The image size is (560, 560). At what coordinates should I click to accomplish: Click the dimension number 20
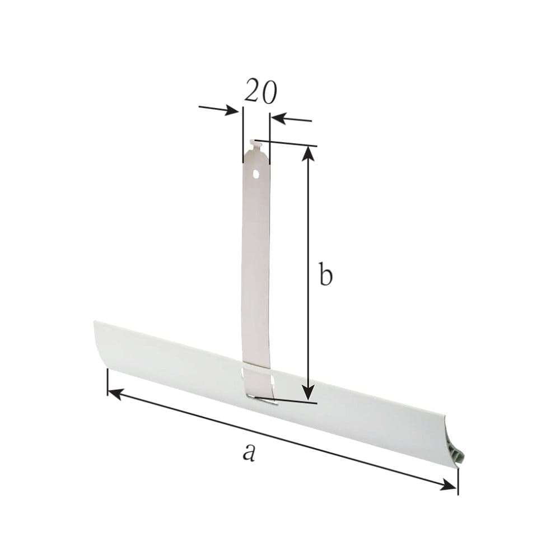coord(260,91)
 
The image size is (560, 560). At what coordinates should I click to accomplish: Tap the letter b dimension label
coord(326,274)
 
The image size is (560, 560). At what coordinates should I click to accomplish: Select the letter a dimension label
coord(249,452)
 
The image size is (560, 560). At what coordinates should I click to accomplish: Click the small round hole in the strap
coord(256,174)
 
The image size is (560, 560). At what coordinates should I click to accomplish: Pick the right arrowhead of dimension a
coord(449,486)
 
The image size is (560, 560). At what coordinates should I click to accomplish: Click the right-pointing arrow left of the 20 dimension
coord(218,110)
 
